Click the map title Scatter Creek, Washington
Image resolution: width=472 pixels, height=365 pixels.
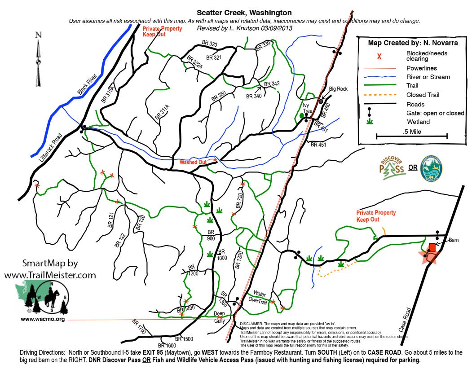tap(244, 13)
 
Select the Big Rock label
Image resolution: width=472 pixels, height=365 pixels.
tap(338, 89)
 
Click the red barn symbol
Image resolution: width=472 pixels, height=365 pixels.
tap(432, 247)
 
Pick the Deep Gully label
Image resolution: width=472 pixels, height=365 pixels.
tap(219, 317)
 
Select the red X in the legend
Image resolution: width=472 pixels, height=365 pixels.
tap(379, 57)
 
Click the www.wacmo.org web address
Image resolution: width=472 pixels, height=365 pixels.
tap(43, 319)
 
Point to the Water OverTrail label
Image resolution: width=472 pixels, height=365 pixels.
tap(260, 297)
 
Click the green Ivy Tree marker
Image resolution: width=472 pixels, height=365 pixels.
tap(302, 116)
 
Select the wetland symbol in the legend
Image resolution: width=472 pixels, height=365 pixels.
tap(370, 122)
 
